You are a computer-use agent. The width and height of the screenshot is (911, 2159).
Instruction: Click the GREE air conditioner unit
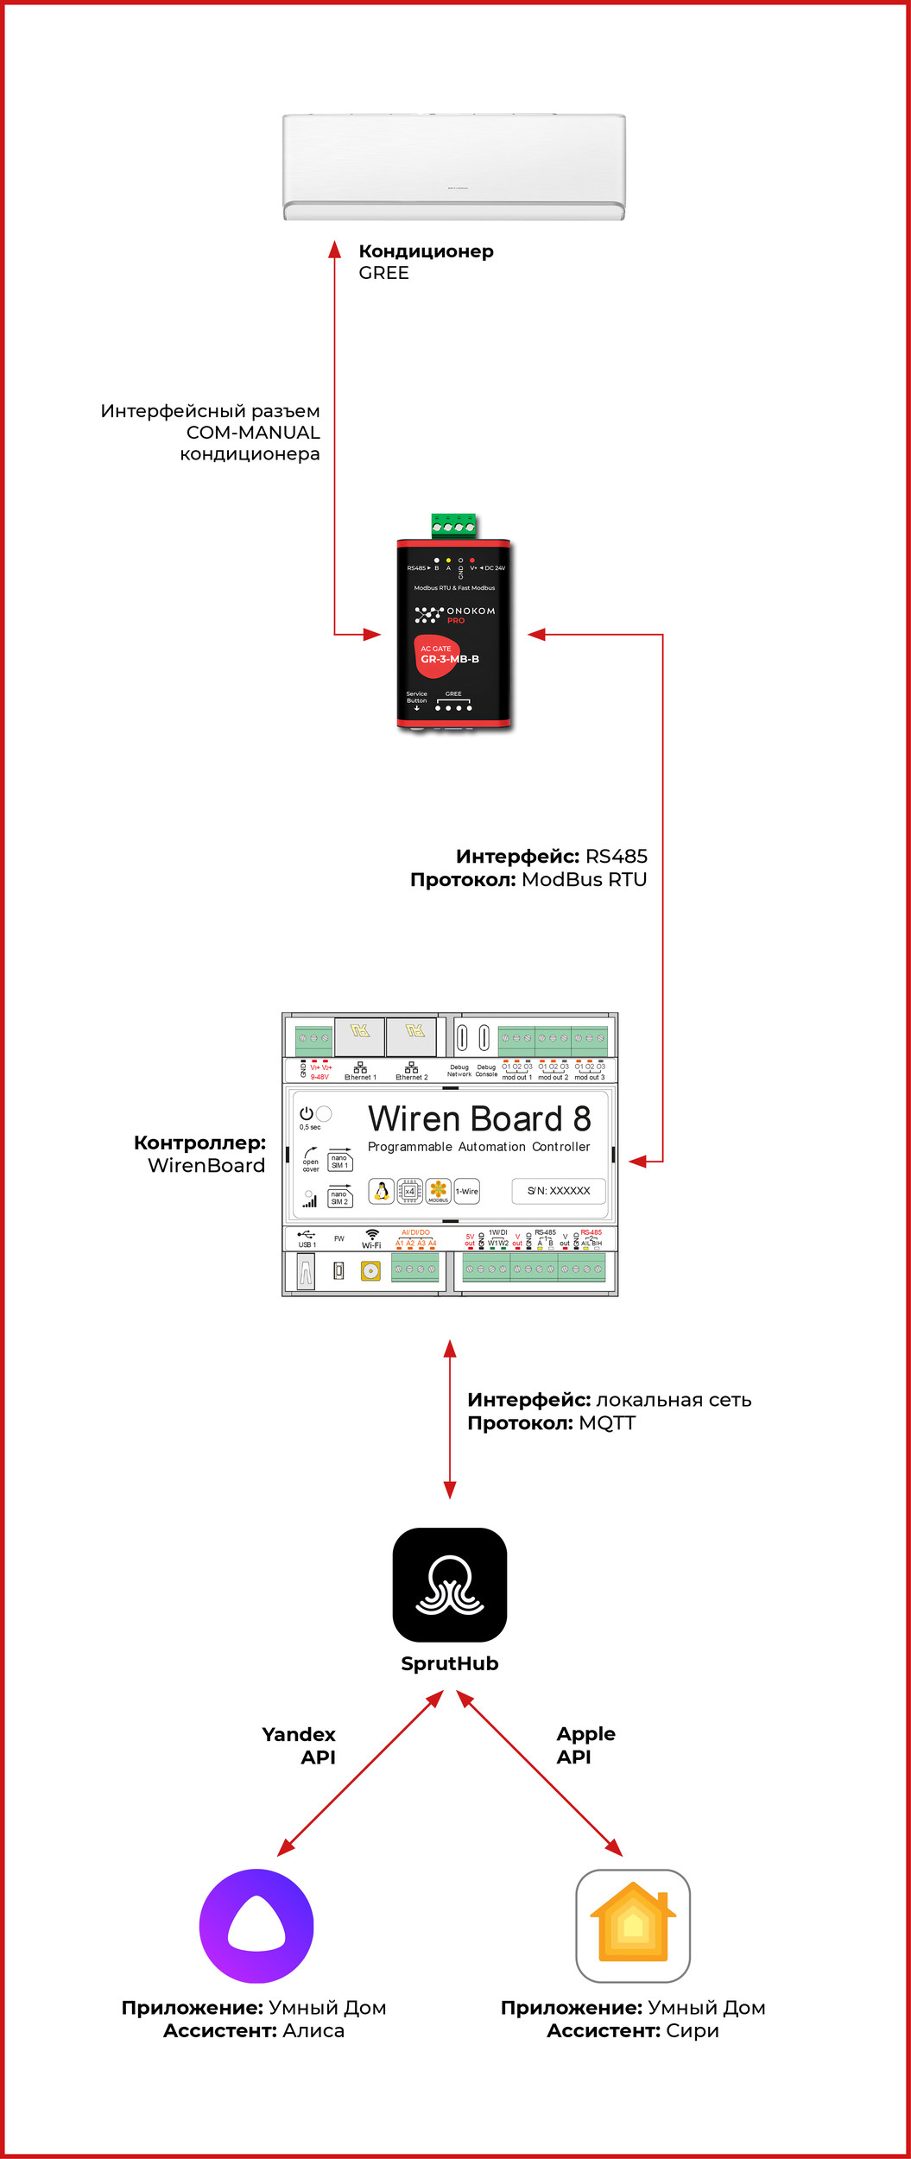(x=454, y=167)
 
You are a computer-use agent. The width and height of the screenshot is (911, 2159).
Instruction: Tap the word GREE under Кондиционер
(x=384, y=273)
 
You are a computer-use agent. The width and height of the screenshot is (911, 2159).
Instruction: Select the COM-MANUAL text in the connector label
(x=253, y=433)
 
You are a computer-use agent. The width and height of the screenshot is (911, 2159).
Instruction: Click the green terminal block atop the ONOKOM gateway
(x=454, y=525)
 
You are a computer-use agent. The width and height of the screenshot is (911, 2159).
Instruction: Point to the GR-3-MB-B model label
(x=450, y=659)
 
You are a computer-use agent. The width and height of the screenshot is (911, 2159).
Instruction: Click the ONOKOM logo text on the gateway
(x=471, y=611)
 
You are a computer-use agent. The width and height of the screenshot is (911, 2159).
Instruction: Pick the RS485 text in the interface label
(x=617, y=856)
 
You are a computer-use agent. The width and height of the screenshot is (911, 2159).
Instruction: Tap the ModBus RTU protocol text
(x=584, y=879)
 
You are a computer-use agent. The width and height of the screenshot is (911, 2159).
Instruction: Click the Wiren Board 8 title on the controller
(x=479, y=1119)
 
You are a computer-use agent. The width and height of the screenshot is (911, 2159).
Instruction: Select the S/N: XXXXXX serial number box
(x=559, y=1191)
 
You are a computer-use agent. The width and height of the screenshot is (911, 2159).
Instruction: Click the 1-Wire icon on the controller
(x=467, y=1192)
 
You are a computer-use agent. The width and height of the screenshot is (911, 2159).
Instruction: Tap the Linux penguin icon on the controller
(x=381, y=1192)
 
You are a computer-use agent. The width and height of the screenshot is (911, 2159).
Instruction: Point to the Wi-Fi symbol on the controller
(x=371, y=1237)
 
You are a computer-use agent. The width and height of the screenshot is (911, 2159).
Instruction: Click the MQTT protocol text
(x=607, y=1423)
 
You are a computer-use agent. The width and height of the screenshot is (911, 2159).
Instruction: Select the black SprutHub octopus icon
(x=450, y=1585)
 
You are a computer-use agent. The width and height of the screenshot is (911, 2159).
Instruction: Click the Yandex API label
(x=300, y=1745)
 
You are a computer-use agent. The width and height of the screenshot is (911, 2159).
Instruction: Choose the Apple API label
(x=585, y=1745)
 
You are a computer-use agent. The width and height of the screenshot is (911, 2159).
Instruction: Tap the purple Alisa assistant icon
(x=256, y=1926)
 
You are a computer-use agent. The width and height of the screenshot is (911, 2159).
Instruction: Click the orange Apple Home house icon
(x=633, y=1926)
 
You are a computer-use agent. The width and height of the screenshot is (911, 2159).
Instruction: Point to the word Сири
(x=693, y=2030)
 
